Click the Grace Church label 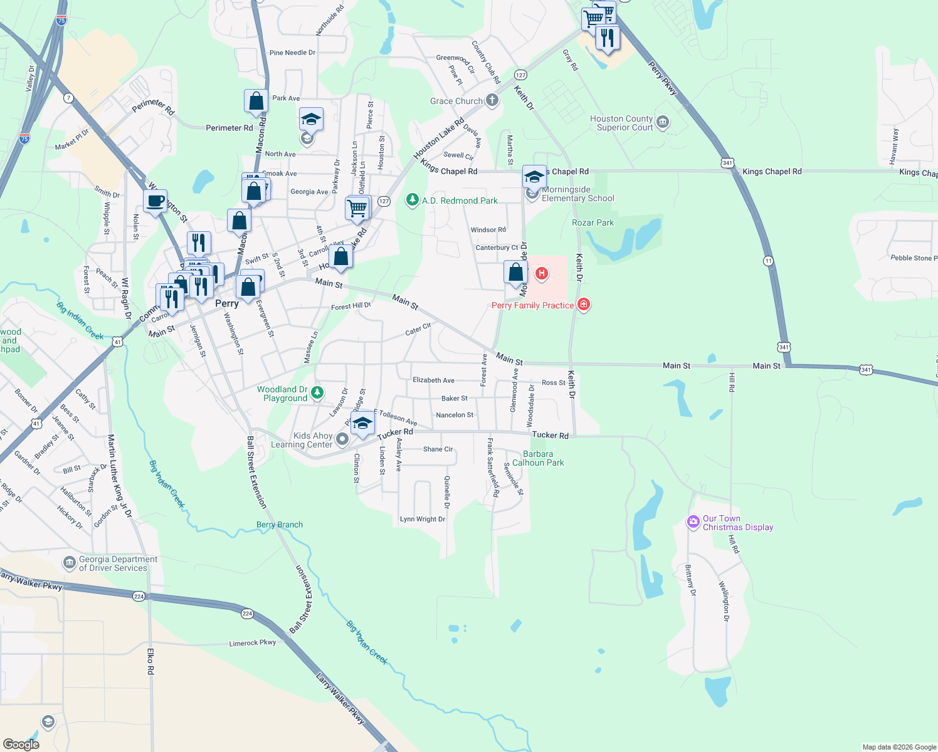[x=456, y=101]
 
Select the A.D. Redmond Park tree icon [x=412, y=200]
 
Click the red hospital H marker [x=542, y=274]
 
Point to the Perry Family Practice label [x=532, y=305]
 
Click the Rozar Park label [x=593, y=222]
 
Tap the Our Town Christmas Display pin [x=693, y=521]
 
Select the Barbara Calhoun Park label [x=538, y=458]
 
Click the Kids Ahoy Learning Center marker [x=342, y=439]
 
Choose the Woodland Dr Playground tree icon [x=317, y=393]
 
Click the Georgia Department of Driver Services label [x=118, y=563]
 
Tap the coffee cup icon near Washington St [x=155, y=201]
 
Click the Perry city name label [x=227, y=303]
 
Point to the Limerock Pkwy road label [x=253, y=643]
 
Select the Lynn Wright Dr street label [x=423, y=519]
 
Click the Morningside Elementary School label [x=577, y=194]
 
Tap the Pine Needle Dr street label [x=292, y=53]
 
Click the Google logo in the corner [x=21, y=744]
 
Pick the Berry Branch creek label [x=280, y=525]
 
